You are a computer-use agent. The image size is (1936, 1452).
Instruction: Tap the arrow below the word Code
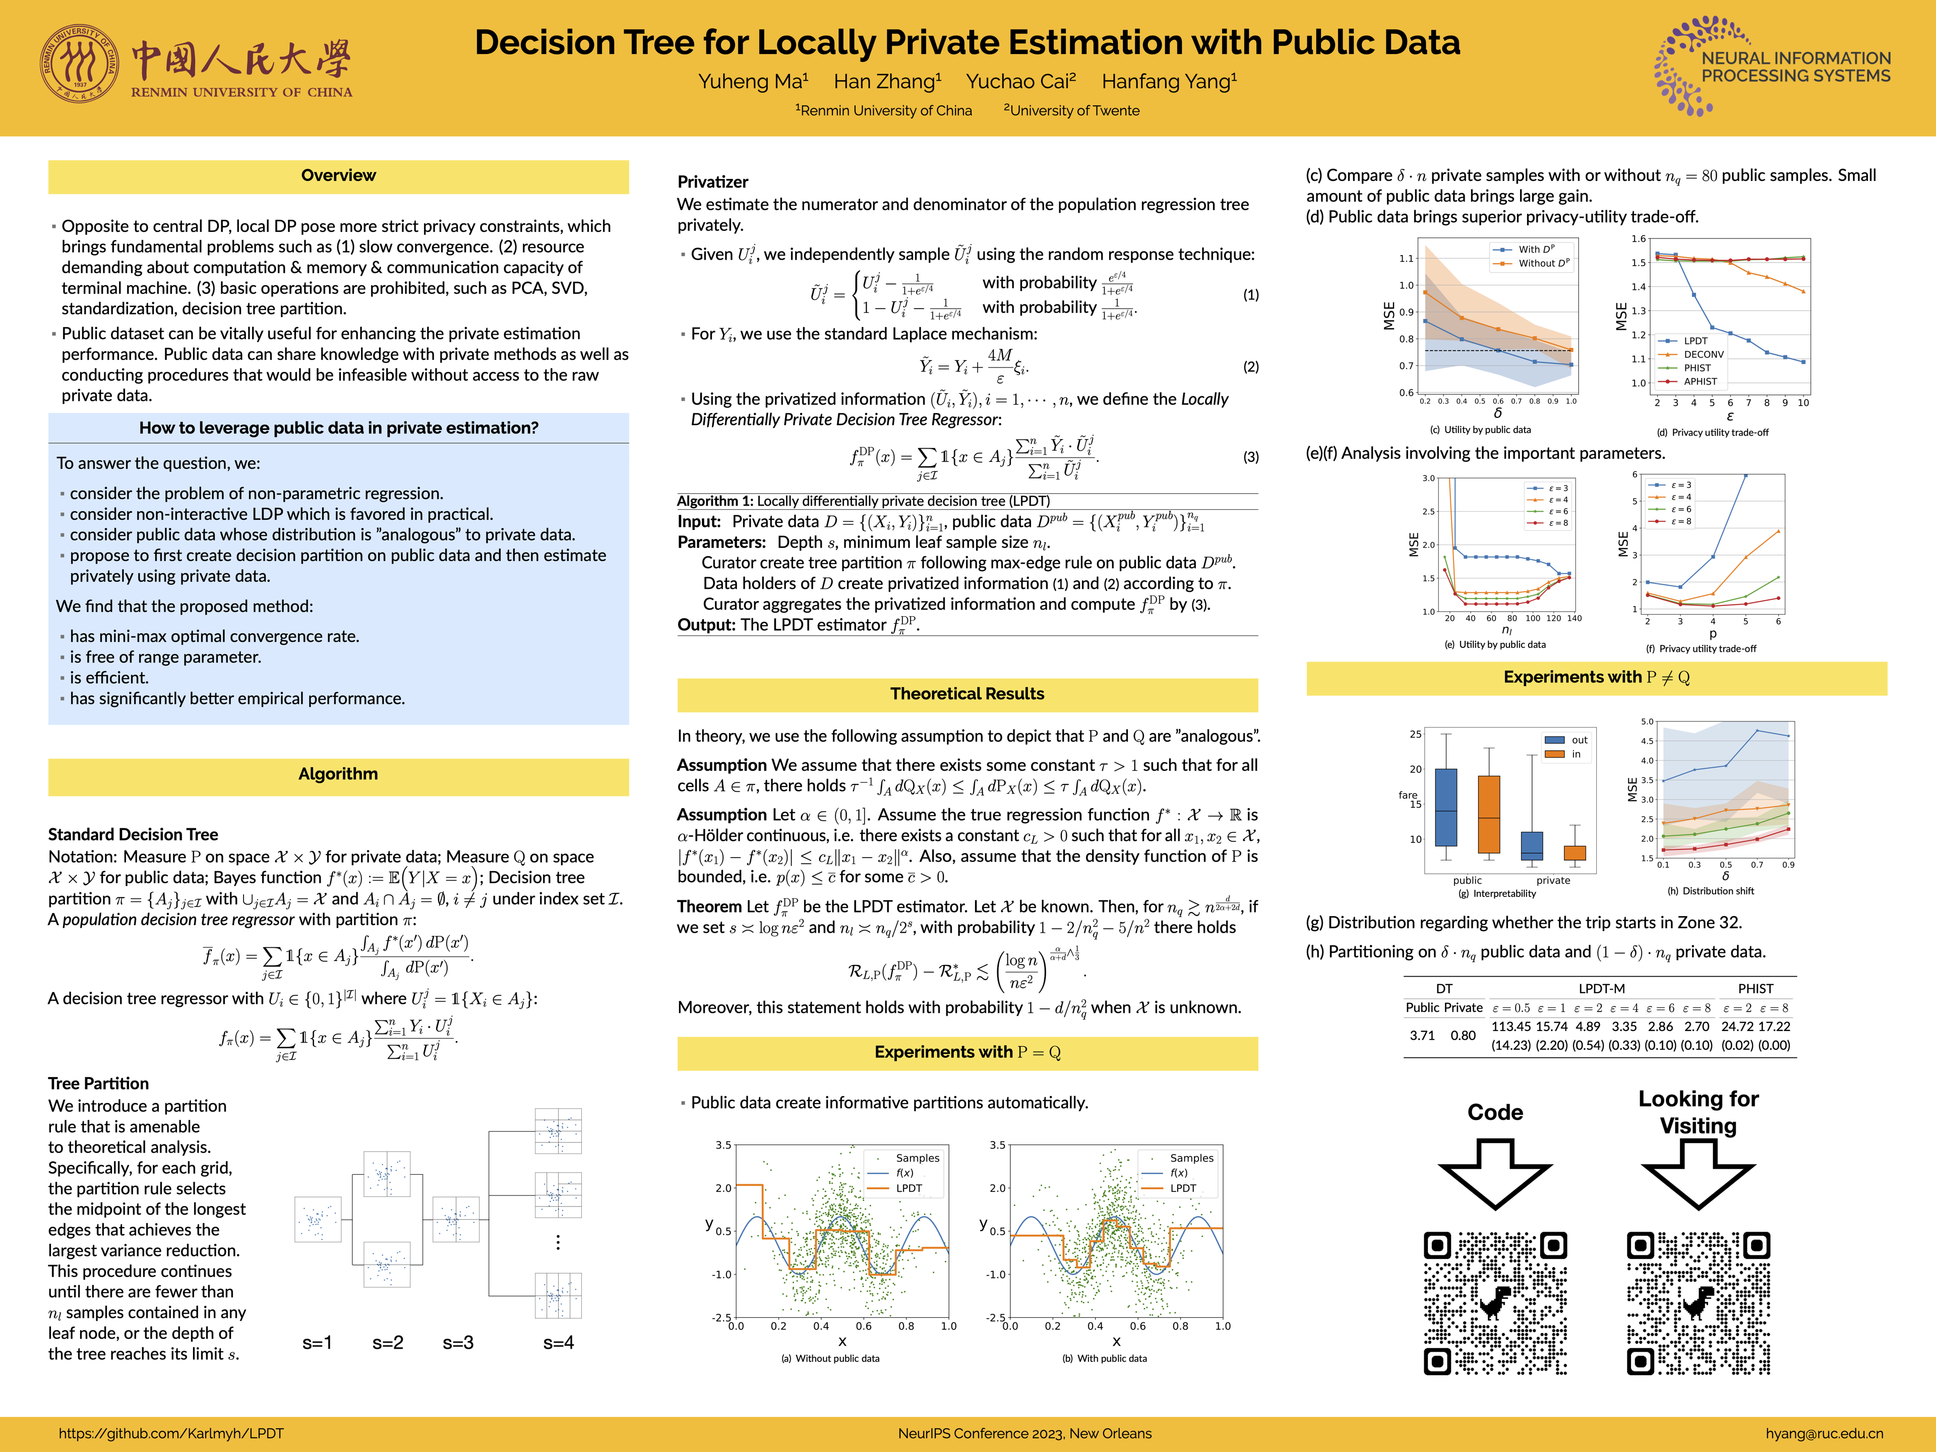[1495, 1173]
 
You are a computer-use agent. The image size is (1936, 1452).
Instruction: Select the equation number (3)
[1251, 457]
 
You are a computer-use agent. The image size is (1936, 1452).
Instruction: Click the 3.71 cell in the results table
[1422, 1036]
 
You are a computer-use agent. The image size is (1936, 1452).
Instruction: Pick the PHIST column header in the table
[1755, 988]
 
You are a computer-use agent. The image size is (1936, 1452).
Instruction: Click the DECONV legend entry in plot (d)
[1702, 354]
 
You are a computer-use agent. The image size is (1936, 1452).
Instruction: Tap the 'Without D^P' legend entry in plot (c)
[1542, 263]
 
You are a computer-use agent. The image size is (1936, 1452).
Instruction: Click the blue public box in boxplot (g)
[1446, 807]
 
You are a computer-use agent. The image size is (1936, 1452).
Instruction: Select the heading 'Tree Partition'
[98, 1083]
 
